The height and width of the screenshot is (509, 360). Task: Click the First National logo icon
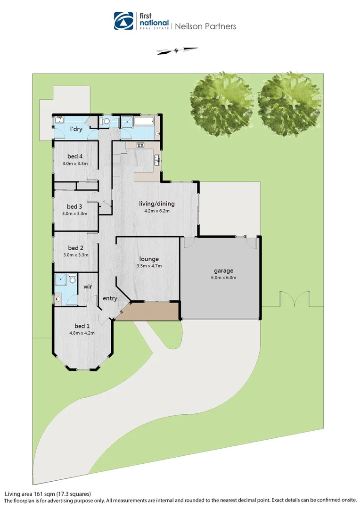coord(123,21)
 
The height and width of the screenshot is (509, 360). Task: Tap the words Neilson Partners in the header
coord(205,26)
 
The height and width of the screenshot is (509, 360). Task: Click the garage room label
coord(224,271)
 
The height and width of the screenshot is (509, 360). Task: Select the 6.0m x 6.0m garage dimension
coord(224,278)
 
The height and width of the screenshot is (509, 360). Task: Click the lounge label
coord(149,259)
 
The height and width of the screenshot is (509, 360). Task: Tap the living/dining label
coord(157,204)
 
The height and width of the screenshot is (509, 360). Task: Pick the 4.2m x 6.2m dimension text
coord(157,211)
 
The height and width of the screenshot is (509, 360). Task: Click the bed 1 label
coord(82,326)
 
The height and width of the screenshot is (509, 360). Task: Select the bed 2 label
coord(75,248)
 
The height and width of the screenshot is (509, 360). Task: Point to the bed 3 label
coord(74,206)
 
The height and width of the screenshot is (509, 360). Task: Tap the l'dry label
coord(77,129)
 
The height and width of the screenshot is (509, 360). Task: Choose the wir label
coord(88,286)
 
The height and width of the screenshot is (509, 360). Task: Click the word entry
coord(110,298)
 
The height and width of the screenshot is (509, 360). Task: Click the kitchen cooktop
coord(140,145)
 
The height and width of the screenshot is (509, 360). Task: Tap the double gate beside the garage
coord(293,299)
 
